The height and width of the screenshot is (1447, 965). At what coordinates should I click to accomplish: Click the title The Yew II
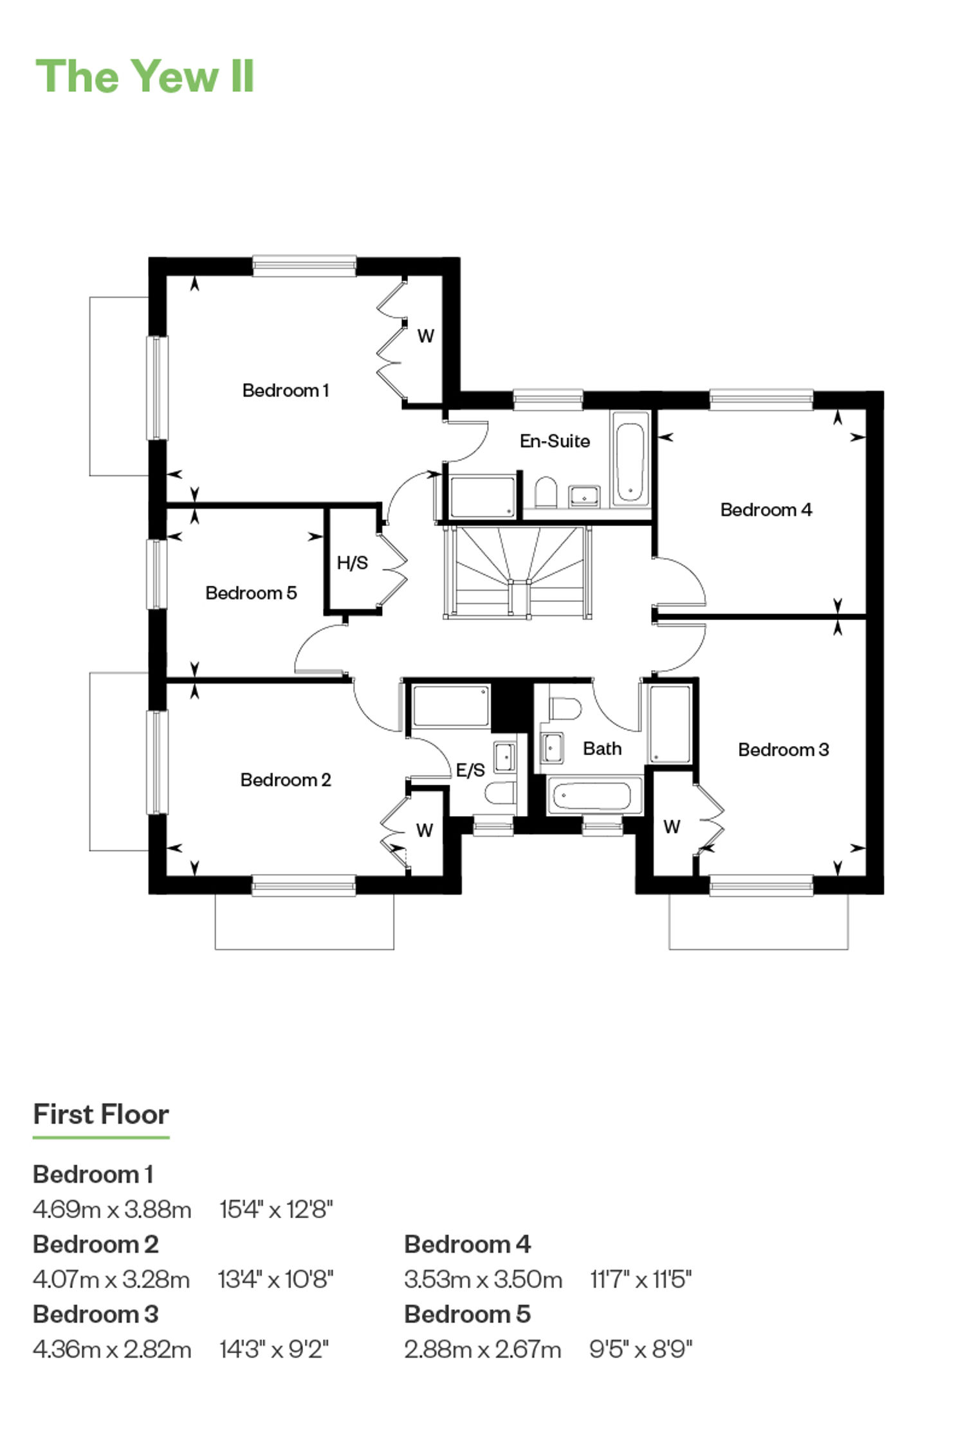pos(145,77)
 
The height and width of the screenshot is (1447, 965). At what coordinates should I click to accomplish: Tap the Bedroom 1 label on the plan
pos(286,390)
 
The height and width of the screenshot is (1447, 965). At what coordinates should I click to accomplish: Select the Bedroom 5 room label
pos(251,593)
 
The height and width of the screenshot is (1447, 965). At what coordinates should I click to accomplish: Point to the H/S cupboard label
pos(353,563)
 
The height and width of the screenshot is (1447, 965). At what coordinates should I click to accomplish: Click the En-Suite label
pos(555,441)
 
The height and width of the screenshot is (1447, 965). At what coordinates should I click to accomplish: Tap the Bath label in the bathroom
pos(602,749)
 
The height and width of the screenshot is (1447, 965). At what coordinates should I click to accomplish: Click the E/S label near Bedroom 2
pos(470,770)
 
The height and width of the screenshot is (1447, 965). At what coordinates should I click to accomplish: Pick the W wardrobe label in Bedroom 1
pos(425,336)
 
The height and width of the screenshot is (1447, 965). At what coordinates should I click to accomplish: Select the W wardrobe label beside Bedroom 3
pos(672,827)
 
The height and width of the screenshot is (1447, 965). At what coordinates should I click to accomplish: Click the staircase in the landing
pos(517,572)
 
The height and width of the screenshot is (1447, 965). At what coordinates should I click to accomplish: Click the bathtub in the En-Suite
pos(629,463)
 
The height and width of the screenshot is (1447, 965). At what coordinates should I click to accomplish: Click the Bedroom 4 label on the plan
pos(766,510)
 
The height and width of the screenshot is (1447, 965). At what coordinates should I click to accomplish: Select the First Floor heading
pos(101,1115)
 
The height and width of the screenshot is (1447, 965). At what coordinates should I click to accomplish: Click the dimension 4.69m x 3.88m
pos(112,1210)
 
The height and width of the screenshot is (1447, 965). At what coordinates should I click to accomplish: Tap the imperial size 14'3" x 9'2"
pos(274,1349)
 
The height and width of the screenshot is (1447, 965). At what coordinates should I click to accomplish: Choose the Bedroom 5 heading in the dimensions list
pos(467,1314)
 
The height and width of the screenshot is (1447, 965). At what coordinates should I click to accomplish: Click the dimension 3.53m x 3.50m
pos(483,1279)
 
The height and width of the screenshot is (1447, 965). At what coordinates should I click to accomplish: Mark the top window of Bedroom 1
pos(304,266)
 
